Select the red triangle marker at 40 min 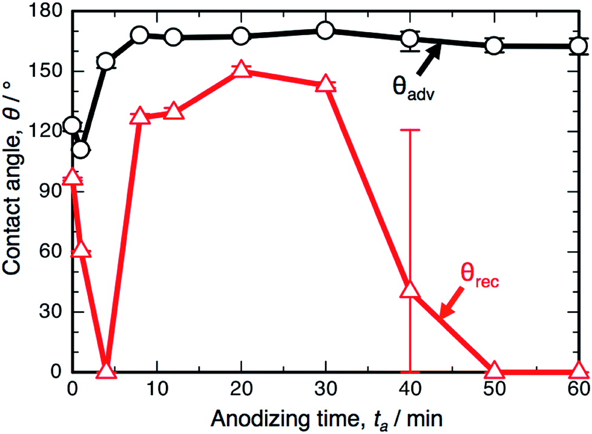[x=410, y=290]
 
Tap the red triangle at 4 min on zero [x=106, y=370]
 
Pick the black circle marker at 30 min [x=325, y=30]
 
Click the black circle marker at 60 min [x=578, y=45]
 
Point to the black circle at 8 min [x=140, y=35]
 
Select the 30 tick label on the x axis [x=325, y=387]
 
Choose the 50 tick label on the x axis [x=494, y=387]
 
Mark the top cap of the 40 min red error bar [x=410, y=130]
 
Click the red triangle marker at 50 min [x=494, y=370]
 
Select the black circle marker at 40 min [x=410, y=39]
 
